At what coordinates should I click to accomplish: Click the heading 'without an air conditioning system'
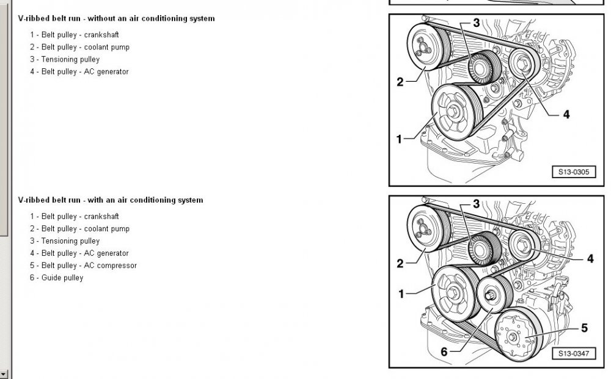pyautogui.click(x=116, y=19)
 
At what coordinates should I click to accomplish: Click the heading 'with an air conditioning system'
pyautogui.click(x=110, y=200)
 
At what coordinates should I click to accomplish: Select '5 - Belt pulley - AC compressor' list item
pyautogui.click(x=83, y=265)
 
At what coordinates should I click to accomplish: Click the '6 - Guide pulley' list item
pyautogui.click(x=56, y=278)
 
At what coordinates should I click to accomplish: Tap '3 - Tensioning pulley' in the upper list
pyautogui.click(x=64, y=59)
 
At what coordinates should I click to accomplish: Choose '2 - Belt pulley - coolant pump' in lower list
pyautogui.click(x=79, y=229)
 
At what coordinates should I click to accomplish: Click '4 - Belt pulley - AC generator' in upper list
pyautogui.click(x=79, y=71)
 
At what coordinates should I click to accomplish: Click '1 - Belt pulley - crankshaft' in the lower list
pyautogui.click(x=74, y=217)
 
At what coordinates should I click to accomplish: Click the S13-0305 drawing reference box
pyautogui.click(x=573, y=172)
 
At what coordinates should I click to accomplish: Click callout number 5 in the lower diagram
pyautogui.click(x=584, y=328)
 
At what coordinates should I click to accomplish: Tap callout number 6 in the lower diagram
pyautogui.click(x=444, y=352)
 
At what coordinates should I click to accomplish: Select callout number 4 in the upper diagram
pyautogui.click(x=566, y=114)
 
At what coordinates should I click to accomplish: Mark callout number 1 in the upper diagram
pyautogui.click(x=399, y=139)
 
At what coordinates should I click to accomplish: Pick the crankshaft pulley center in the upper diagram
pyautogui.click(x=456, y=112)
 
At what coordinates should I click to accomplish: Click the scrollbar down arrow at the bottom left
pyautogui.click(x=4, y=374)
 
